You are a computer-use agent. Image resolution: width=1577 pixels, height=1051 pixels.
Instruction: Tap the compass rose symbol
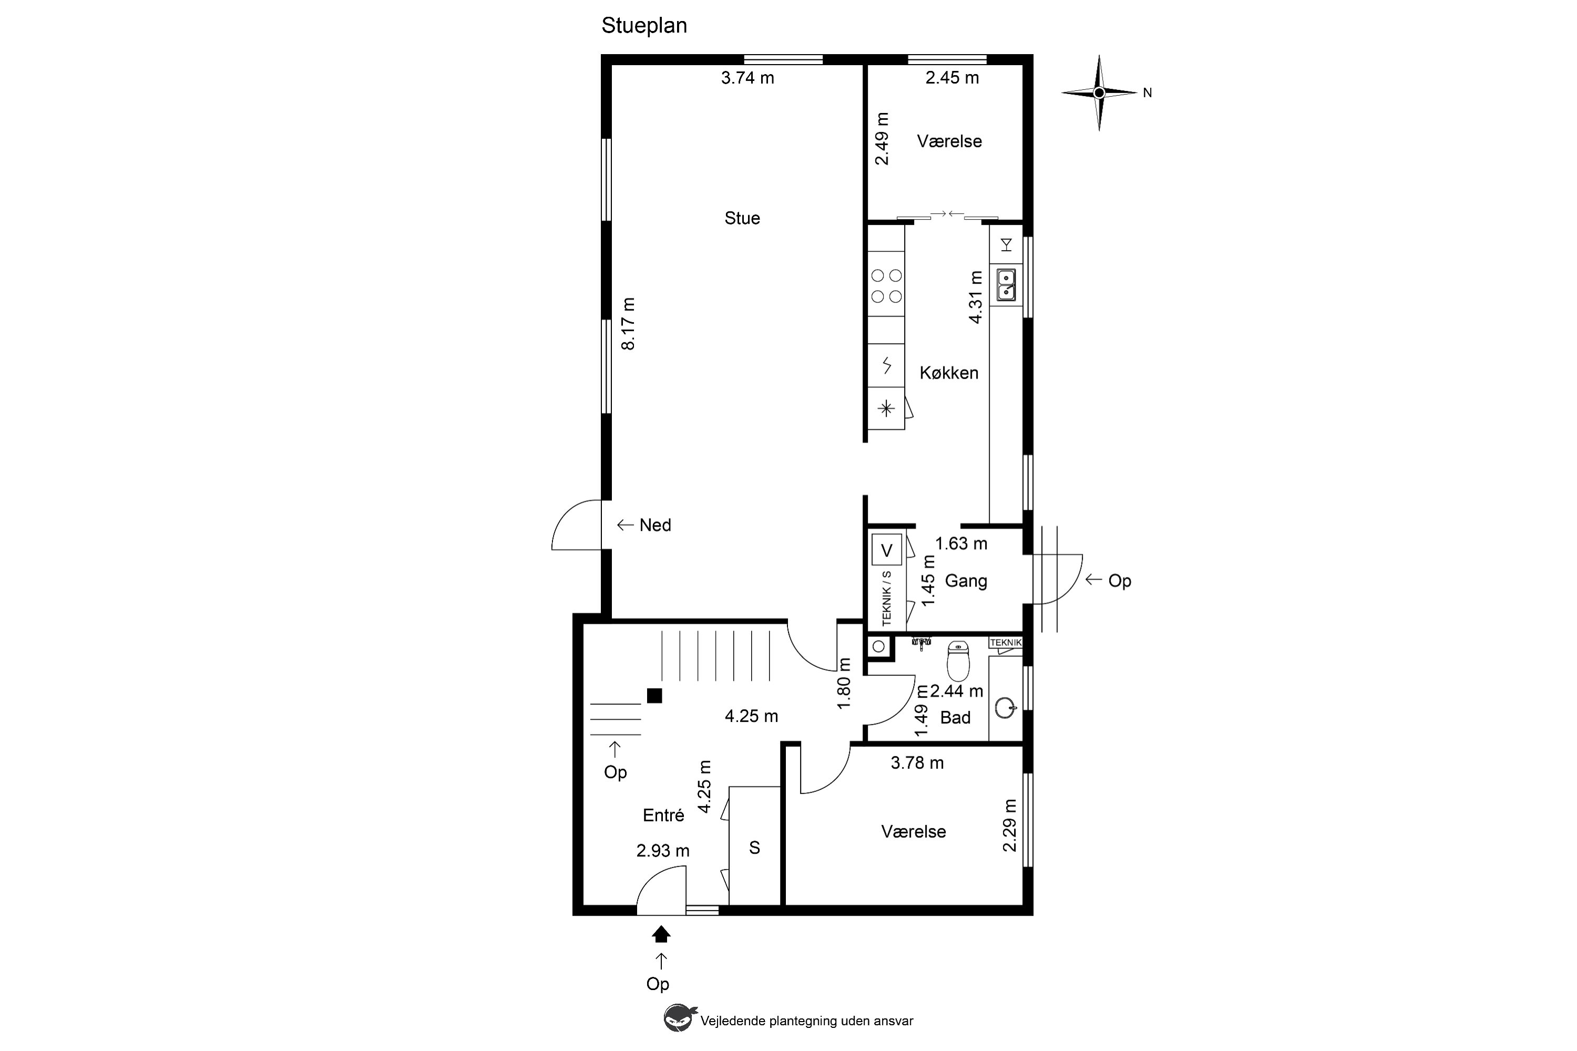coord(1099,92)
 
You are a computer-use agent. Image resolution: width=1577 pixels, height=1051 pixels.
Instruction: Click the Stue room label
coord(742,218)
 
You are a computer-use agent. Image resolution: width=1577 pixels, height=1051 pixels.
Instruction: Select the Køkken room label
coord(949,373)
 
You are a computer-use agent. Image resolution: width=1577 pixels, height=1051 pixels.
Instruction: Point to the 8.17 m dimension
coord(628,324)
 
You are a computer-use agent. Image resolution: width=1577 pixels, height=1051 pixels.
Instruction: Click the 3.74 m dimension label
coord(747,78)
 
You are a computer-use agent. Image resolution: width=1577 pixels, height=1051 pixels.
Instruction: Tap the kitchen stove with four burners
coord(886,285)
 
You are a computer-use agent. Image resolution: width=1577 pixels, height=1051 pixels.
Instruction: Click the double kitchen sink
coord(1006,285)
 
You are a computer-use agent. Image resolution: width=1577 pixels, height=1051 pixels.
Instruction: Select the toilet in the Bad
coord(958,661)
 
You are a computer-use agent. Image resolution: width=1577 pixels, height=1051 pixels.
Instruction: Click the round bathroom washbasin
coord(1005,708)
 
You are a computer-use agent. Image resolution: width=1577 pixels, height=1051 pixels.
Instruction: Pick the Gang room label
coord(966,581)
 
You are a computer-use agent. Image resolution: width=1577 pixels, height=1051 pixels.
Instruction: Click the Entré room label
coord(663,815)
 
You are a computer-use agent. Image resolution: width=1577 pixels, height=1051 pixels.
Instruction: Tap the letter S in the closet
coord(754,848)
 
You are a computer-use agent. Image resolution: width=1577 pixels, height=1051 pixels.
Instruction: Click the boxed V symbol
coord(886,550)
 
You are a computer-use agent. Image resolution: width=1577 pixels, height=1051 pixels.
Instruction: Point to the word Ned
coord(655,525)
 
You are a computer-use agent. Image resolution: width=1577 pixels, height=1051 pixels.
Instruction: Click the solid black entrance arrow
coord(661,934)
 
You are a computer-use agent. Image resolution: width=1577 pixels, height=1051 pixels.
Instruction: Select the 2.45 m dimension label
coord(952,78)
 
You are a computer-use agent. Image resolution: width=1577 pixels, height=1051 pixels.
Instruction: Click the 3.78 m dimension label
coord(917,763)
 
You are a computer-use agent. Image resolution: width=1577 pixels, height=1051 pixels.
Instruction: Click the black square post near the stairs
coord(654,696)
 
